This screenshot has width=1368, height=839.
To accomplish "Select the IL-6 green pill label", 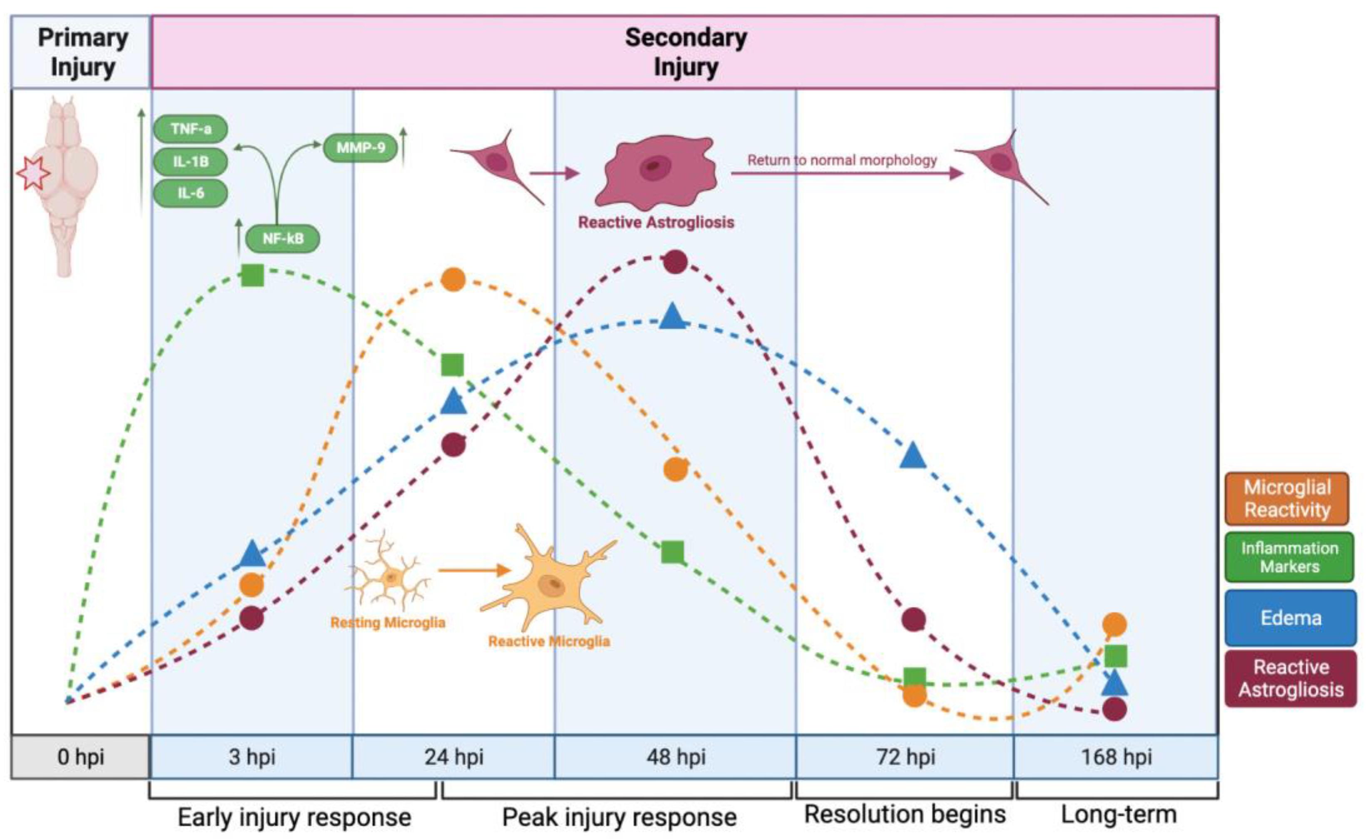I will tap(190, 193).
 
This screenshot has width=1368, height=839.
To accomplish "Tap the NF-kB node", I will tap(283, 238).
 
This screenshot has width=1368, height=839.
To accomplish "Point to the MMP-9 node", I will tap(361, 148).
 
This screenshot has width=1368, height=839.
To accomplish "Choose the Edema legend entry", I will tap(1290, 618).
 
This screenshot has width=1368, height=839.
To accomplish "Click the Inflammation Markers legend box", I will tap(1289, 557).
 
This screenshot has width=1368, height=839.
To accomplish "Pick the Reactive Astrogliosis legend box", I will tap(1290, 678).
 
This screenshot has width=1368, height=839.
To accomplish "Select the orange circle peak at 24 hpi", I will tap(453, 280).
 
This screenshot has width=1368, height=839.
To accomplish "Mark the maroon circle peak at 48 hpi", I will tap(676, 262).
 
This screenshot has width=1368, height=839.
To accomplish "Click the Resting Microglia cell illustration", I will tap(389, 574).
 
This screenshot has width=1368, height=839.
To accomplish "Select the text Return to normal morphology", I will tap(842, 160).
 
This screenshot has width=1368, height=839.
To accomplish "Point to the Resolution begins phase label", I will tap(905, 814).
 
